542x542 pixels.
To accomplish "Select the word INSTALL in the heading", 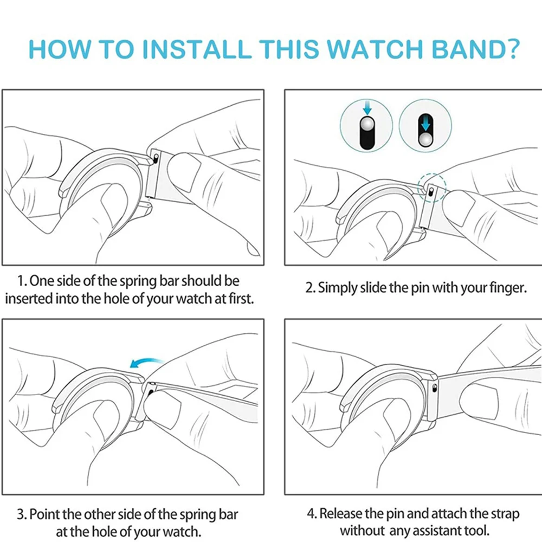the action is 197,49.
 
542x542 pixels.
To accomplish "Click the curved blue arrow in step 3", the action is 146,362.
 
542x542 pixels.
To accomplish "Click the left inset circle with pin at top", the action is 366,126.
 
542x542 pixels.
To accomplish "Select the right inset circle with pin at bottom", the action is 425,126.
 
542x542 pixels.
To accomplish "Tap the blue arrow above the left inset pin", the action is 367,107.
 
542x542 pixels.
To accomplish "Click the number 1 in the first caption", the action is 21,281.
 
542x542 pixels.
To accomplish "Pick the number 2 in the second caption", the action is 309,288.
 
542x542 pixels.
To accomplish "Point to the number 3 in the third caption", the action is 20,514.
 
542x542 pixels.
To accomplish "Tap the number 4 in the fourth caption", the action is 311,513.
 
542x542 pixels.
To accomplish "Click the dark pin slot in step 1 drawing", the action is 156,159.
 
